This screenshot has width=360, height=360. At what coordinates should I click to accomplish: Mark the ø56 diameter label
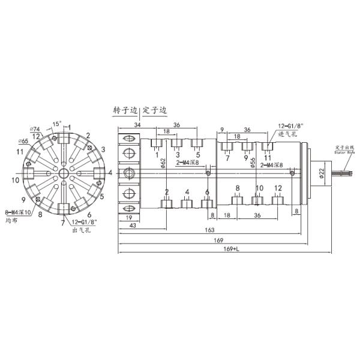coord(253,162)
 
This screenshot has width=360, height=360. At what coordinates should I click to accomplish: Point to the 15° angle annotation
coord(56,124)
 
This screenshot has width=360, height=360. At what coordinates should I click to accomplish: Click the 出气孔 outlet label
coord(79,230)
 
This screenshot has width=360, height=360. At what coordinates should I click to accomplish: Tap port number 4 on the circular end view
coord(110,173)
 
